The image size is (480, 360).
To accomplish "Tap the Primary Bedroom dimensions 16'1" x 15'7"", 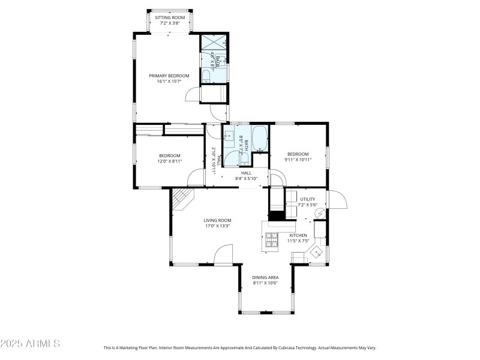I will (x=169, y=82).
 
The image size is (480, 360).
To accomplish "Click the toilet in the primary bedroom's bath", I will (x=206, y=76).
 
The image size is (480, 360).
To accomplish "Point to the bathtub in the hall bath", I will (x=260, y=139).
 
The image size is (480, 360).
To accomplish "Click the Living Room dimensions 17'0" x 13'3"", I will (x=217, y=226).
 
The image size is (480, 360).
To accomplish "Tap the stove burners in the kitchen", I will (x=272, y=239).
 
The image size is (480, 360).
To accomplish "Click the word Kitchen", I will (x=298, y=235).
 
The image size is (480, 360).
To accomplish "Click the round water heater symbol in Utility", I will (x=319, y=212).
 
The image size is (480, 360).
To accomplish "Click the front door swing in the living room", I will (x=223, y=254).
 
